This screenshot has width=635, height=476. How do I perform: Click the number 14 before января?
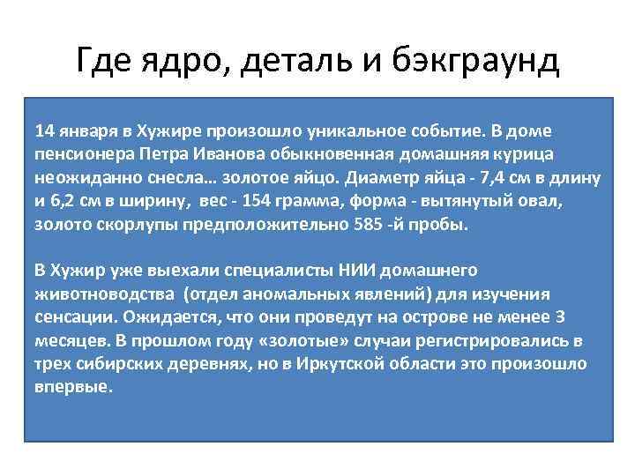tap(43, 131)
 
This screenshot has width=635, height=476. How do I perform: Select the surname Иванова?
tap(213, 155)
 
